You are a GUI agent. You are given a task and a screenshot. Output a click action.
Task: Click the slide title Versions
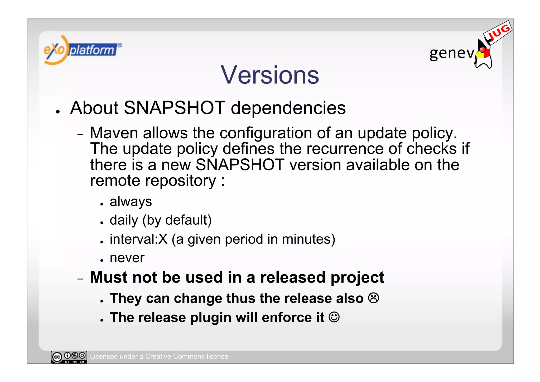click(x=270, y=75)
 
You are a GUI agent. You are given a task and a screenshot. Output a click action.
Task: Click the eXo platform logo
click(x=82, y=50)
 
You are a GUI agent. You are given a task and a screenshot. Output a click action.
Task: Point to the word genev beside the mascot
click(x=452, y=53)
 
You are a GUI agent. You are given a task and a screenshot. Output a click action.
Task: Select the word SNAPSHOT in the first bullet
click(x=174, y=108)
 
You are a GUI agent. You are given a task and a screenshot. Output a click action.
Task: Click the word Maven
click(x=114, y=133)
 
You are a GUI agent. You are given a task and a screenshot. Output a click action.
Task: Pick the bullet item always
click(x=131, y=201)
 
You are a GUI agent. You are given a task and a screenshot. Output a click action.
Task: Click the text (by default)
click(x=177, y=220)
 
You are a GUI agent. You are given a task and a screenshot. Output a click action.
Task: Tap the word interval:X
click(x=138, y=239)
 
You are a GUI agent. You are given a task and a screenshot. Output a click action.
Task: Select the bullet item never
click(x=127, y=258)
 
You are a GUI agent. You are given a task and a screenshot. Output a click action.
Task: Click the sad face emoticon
click(x=373, y=298)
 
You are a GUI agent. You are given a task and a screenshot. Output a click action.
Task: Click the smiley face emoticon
click(x=334, y=317)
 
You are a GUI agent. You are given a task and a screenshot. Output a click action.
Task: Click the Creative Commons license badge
click(x=69, y=357)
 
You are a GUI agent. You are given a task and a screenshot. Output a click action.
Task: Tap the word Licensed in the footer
click(x=103, y=356)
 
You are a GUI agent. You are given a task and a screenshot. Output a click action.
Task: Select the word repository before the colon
click(x=181, y=181)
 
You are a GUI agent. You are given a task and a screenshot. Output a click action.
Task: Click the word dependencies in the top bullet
click(x=288, y=108)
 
